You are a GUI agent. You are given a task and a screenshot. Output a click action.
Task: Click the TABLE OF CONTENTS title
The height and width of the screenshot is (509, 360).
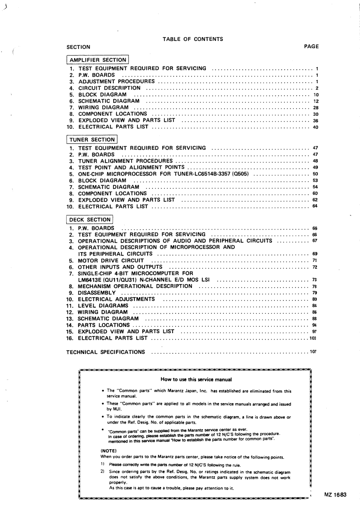(x=193, y=39)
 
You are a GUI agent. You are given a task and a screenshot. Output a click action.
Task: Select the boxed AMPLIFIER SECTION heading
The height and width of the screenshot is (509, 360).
(x=98, y=60)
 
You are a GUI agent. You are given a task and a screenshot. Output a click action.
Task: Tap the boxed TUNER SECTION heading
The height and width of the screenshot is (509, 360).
(x=92, y=140)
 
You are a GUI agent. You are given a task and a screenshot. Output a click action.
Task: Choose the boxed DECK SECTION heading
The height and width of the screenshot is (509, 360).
(x=90, y=219)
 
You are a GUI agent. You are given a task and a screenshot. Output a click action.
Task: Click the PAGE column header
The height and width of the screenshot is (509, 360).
(x=311, y=46)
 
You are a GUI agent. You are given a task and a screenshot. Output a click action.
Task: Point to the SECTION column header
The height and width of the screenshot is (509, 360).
(x=78, y=47)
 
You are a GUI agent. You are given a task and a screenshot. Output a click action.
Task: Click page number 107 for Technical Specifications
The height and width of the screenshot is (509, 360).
(x=313, y=352)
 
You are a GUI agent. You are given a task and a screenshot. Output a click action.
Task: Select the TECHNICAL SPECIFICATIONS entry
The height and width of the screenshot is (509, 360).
(x=106, y=352)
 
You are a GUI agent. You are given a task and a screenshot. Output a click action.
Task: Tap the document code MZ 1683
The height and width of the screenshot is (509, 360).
(x=335, y=494)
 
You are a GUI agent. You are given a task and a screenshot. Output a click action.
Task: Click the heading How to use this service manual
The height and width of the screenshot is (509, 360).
(x=196, y=379)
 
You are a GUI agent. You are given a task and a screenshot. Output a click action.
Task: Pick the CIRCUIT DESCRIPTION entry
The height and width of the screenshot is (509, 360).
(x=109, y=88)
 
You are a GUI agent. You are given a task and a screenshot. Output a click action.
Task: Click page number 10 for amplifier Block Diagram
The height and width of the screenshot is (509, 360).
(x=316, y=95)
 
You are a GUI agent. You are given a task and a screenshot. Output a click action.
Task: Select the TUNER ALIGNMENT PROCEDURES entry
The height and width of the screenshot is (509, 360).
(x=125, y=161)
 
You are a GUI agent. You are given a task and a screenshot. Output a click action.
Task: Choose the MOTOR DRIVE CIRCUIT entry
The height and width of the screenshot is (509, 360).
(x=111, y=260)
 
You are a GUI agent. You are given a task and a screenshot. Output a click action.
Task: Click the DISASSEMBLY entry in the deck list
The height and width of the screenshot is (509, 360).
(x=97, y=293)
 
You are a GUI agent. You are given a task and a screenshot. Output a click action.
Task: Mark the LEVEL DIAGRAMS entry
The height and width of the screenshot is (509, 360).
(x=103, y=306)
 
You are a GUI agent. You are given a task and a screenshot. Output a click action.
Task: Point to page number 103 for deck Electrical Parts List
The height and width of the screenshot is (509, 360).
(x=313, y=338)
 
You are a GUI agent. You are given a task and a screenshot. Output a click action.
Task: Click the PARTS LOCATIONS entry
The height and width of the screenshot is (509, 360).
(x=103, y=325)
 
